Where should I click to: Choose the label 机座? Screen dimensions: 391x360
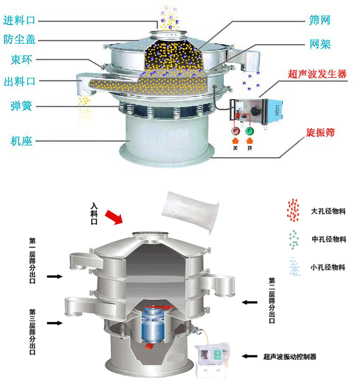click(x=22, y=141)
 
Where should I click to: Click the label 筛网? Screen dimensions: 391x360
click(x=320, y=21)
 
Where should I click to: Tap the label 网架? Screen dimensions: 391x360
click(x=320, y=44)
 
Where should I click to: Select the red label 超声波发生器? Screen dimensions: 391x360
click(x=317, y=74)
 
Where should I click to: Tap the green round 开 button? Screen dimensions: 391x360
click(x=249, y=130)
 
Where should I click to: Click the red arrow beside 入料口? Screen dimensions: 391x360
click(x=113, y=216)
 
